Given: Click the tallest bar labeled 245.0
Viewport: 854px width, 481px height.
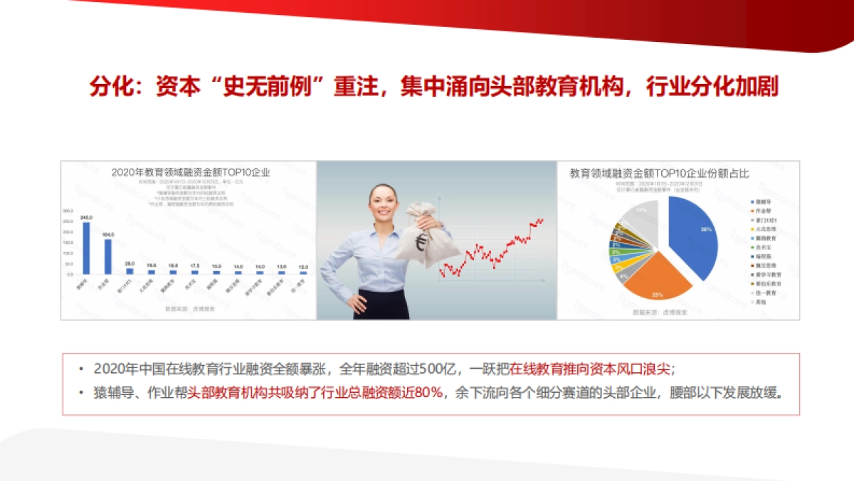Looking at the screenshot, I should coord(86,248).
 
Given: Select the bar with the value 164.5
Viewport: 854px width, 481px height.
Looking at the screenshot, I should coord(108,256).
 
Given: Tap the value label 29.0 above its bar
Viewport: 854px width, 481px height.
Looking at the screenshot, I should coord(130,263).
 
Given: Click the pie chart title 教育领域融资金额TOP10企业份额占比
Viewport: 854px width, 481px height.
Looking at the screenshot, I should coord(659,173).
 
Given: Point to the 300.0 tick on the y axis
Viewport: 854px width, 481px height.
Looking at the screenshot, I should coord(69,211).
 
